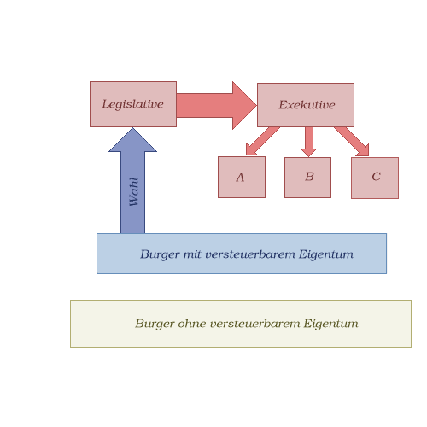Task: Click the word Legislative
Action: click(132, 104)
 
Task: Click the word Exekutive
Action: click(307, 105)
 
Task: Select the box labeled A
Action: click(242, 177)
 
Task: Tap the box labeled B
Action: click(307, 178)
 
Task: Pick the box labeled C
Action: click(375, 178)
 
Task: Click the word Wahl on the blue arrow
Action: click(133, 191)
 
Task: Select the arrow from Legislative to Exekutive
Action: click(216, 105)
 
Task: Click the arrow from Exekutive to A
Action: click(262, 141)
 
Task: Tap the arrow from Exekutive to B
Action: click(308, 142)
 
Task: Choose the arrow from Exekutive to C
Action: click(353, 141)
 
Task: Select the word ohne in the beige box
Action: click(192, 324)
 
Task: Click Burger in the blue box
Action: click(160, 254)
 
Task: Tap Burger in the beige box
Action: click(155, 324)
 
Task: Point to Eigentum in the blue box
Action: click(326, 254)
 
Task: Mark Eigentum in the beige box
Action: click(330, 324)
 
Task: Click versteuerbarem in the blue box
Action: click(250, 254)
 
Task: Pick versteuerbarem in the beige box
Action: click(255, 324)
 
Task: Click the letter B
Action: click(309, 177)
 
